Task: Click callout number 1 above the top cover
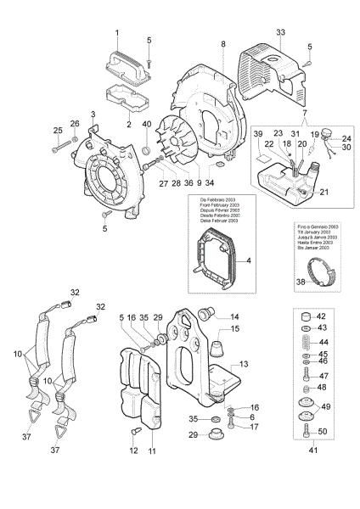click(118, 32)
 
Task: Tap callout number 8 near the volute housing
click(223, 43)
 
